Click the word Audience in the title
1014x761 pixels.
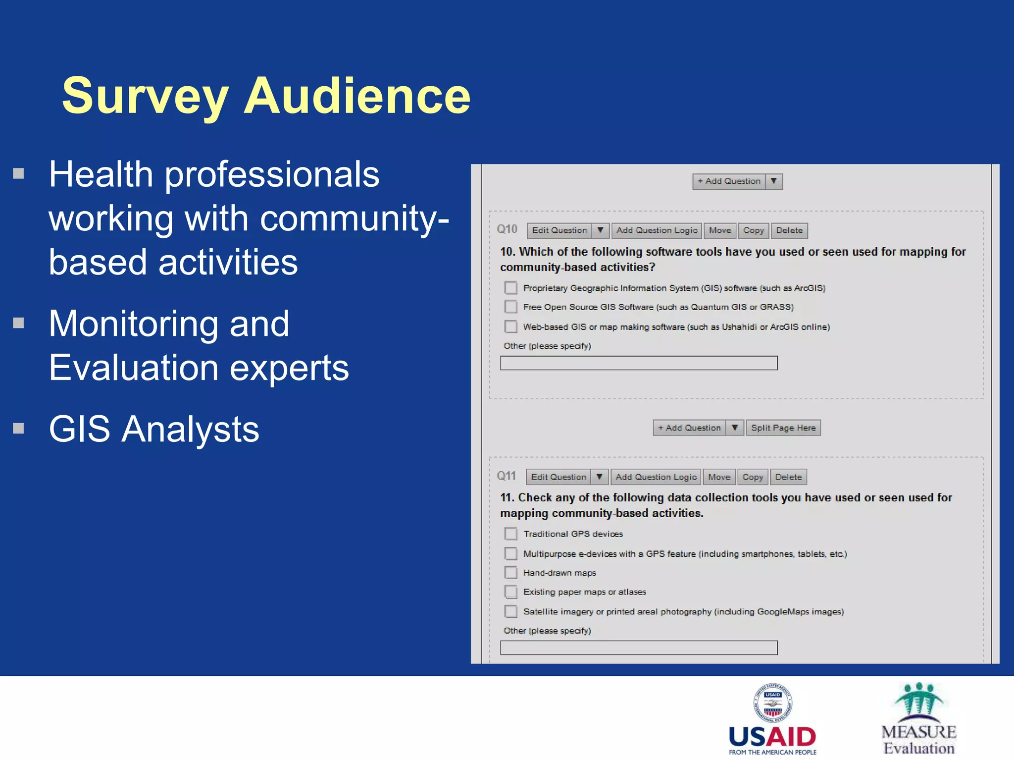357,96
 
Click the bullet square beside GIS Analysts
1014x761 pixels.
19,428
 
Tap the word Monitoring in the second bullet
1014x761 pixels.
169,324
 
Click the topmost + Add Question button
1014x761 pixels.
729,181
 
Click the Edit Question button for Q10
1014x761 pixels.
559,230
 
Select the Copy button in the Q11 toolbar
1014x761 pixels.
753,477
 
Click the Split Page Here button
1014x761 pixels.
783,428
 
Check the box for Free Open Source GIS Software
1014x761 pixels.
510,307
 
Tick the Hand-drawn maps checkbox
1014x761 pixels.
510,573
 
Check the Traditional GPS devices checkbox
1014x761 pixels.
510,534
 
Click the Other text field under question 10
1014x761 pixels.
639,363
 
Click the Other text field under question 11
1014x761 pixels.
639,648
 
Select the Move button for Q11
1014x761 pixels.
719,477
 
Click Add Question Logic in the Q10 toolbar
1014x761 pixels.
657,230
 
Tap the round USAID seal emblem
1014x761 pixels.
772,704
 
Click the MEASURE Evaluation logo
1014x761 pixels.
919,718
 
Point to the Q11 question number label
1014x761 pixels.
507,476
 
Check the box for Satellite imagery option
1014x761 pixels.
510,611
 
